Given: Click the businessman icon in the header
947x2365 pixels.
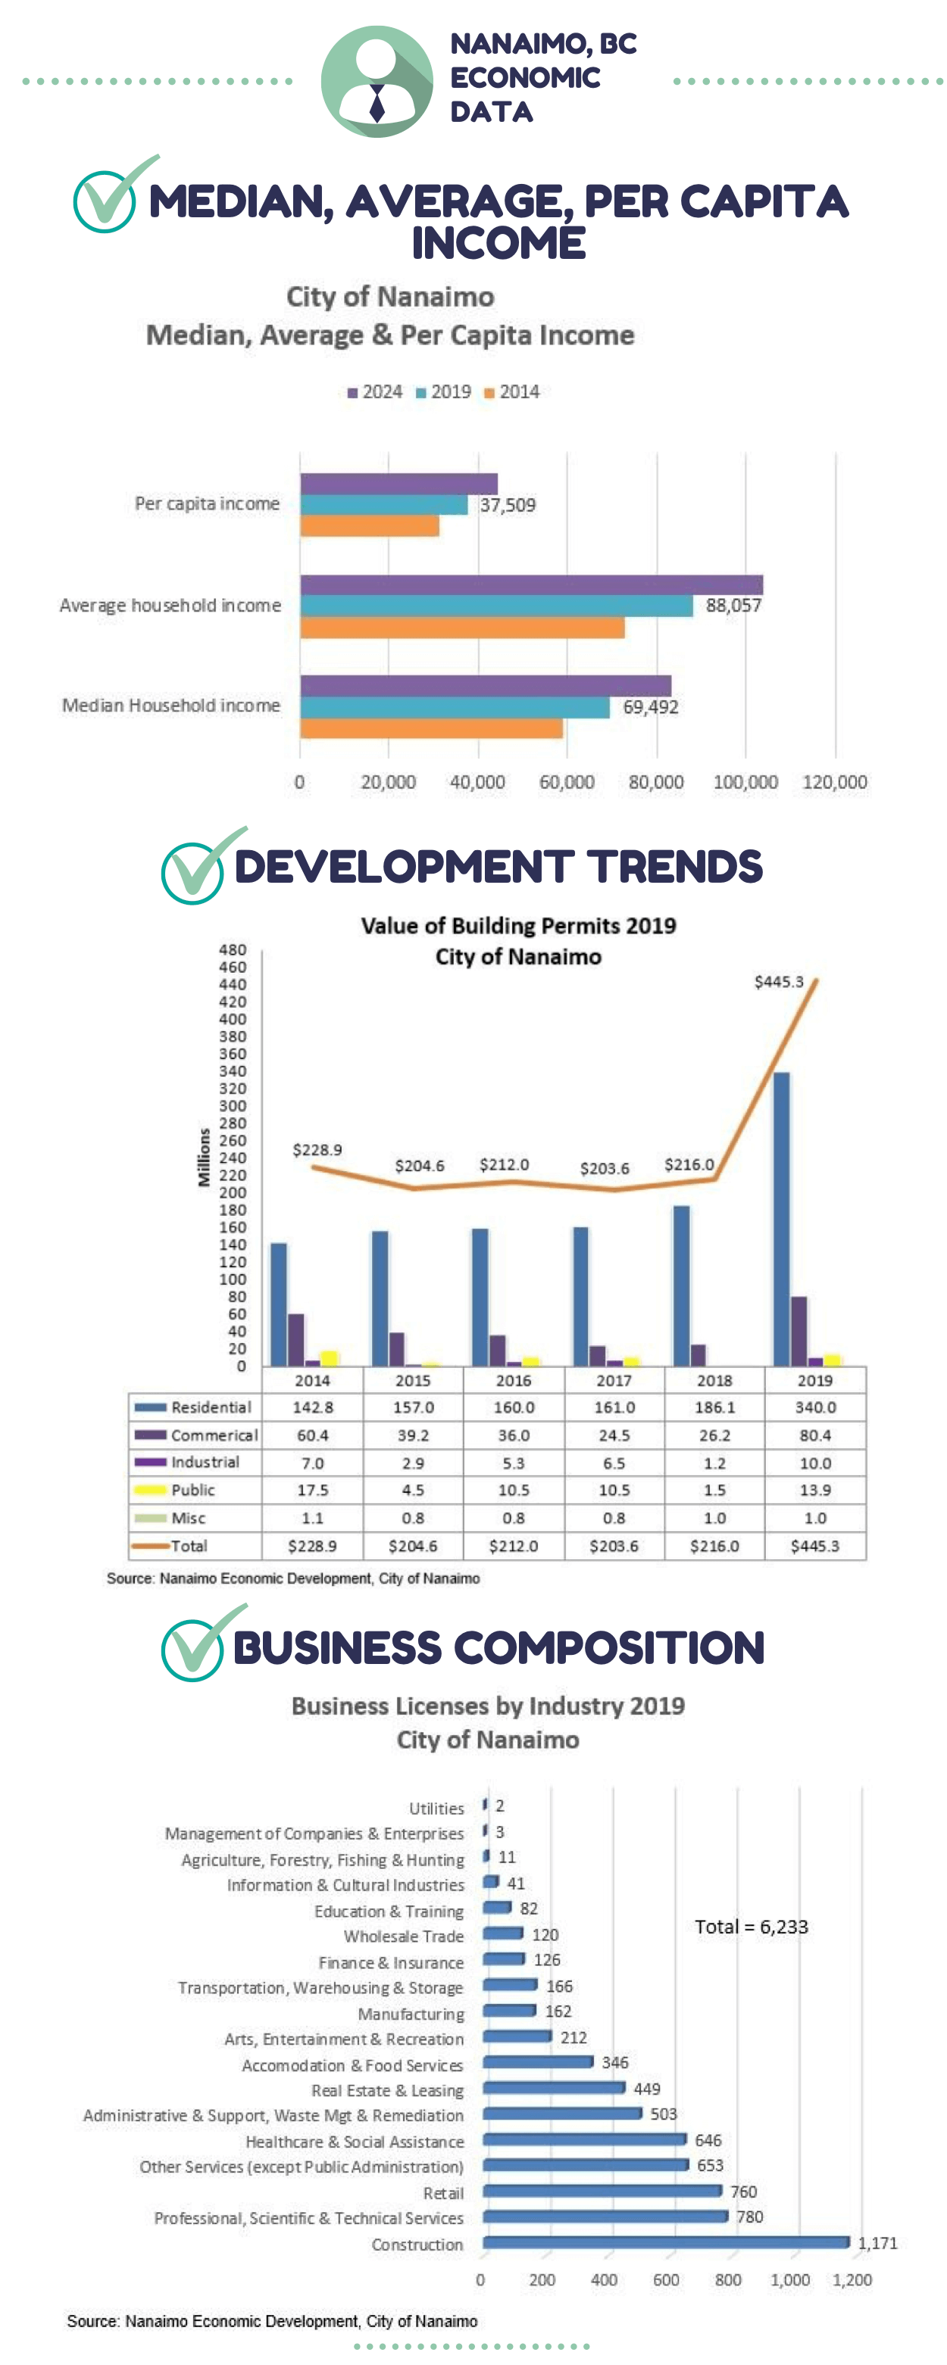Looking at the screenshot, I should (377, 82).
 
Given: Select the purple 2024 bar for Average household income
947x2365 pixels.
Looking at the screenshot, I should (531, 585).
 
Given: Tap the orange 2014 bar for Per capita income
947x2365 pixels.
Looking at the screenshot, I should (369, 526).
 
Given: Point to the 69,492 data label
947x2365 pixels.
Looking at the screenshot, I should (650, 707).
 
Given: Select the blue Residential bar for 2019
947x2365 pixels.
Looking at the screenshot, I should (781, 1218).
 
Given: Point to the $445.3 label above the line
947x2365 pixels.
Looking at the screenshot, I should (778, 981).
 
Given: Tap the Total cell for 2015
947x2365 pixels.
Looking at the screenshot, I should (412, 1546).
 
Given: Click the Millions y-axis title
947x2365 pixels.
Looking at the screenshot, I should (204, 1157).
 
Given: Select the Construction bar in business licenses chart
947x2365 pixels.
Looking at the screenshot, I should (666, 2242).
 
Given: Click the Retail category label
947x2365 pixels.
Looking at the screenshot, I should (442, 2192).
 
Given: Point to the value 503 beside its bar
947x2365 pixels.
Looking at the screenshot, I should (663, 2114).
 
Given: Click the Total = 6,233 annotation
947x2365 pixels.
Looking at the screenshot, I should (751, 1926).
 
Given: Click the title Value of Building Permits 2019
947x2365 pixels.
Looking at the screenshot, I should (518, 925).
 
